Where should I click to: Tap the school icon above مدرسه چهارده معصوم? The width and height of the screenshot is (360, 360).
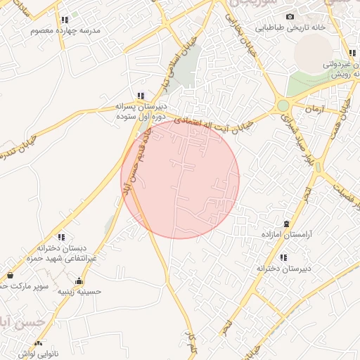pos(65,20)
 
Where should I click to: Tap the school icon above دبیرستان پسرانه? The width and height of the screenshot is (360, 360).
pos(141,96)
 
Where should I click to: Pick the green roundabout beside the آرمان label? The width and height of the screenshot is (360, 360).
pos(283,105)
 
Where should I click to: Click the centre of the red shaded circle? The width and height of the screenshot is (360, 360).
pos(180,179)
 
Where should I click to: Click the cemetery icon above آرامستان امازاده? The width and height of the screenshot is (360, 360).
pos(285,222)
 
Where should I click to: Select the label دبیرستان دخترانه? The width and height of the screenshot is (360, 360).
pos(281,268)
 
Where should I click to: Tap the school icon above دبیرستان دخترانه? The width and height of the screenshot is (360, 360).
pos(283,257)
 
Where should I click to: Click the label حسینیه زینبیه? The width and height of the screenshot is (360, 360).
pos(79,290)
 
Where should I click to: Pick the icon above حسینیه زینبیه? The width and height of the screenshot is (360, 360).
pos(78,281)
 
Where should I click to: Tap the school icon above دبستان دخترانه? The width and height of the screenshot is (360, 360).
pos(61,237)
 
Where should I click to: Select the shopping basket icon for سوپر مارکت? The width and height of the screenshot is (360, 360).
pos(10,275)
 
